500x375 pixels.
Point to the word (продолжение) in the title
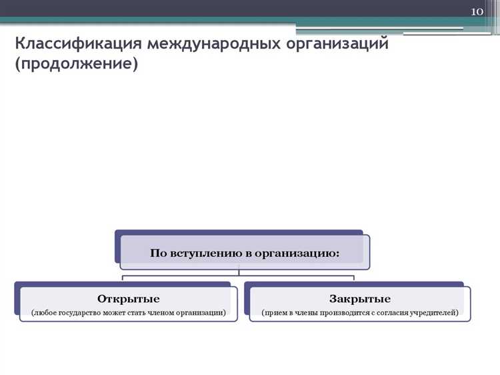[77, 65]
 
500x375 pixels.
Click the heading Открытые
[129, 298]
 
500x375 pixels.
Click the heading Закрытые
[359, 298]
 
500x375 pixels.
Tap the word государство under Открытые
[85, 312]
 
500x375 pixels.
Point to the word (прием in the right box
[273, 312]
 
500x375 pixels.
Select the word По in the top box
[157, 253]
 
